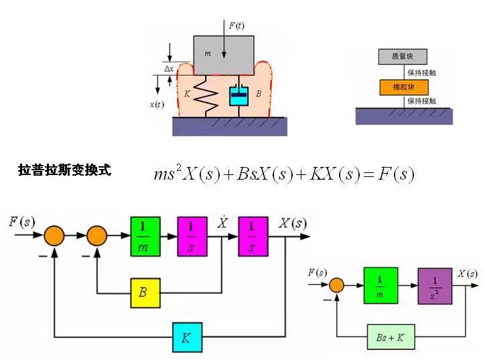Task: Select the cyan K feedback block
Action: [x=187, y=337]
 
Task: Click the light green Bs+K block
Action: [x=391, y=337]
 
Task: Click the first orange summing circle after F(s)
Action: [x=55, y=236]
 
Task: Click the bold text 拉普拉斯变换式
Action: [x=65, y=170]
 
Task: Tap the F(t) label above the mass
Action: [x=236, y=26]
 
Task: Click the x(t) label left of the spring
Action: [x=157, y=105]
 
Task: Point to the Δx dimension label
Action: [x=169, y=68]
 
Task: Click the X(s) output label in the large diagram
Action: [x=293, y=224]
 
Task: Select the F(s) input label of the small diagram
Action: [x=317, y=273]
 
